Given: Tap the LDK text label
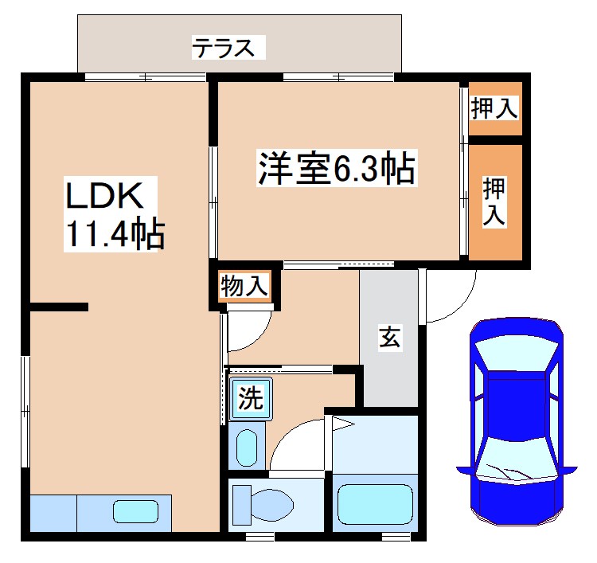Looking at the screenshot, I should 103,196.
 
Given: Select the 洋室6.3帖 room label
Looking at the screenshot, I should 335,170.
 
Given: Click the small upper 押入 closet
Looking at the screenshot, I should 494,108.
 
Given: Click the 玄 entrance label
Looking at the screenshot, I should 388,338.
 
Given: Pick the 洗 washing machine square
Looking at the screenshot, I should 252,398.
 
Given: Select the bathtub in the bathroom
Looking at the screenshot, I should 375,504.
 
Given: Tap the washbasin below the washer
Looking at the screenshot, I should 248,448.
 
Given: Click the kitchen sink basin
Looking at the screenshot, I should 135,510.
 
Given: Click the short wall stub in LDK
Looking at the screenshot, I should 59,307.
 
